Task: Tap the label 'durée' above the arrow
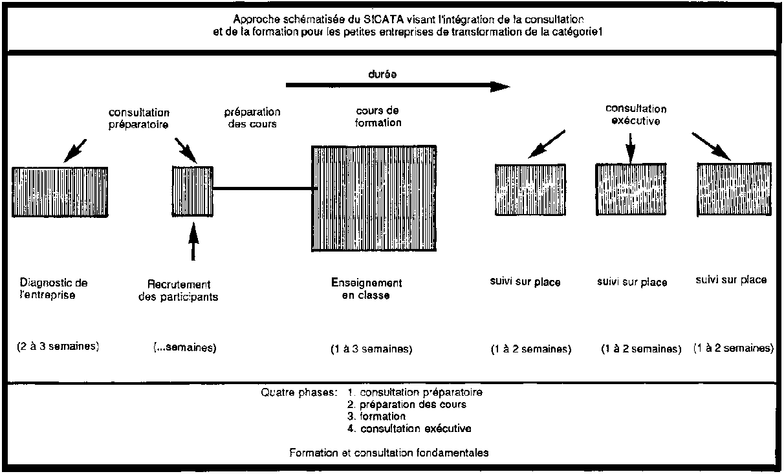pyautogui.click(x=382, y=74)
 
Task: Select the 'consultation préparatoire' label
pyautogui.click(x=139, y=118)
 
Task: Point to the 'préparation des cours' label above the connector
pyautogui.click(x=252, y=118)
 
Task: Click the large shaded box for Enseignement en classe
pyautogui.click(x=374, y=199)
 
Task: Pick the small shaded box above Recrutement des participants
pyautogui.click(x=193, y=191)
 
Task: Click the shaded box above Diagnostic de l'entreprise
pyautogui.click(x=60, y=192)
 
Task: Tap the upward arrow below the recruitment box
pyautogui.click(x=193, y=242)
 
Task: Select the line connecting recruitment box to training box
pyautogui.click(x=263, y=189)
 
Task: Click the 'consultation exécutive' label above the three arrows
pyautogui.click(x=636, y=114)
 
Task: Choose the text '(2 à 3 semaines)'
pyautogui.click(x=58, y=347)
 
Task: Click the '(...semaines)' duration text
pyautogui.click(x=185, y=347)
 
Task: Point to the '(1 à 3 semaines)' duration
pyautogui.click(x=371, y=349)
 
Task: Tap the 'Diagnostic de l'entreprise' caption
pyautogui.click(x=53, y=288)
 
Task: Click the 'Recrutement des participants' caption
pyautogui.click(x=178, y=290)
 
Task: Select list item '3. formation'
pyautogui.click(x=376, y=416)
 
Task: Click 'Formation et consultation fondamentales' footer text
pyautogui.click(x=389, y=453)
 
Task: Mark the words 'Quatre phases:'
pyautogui.click(x=299, y=393)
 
